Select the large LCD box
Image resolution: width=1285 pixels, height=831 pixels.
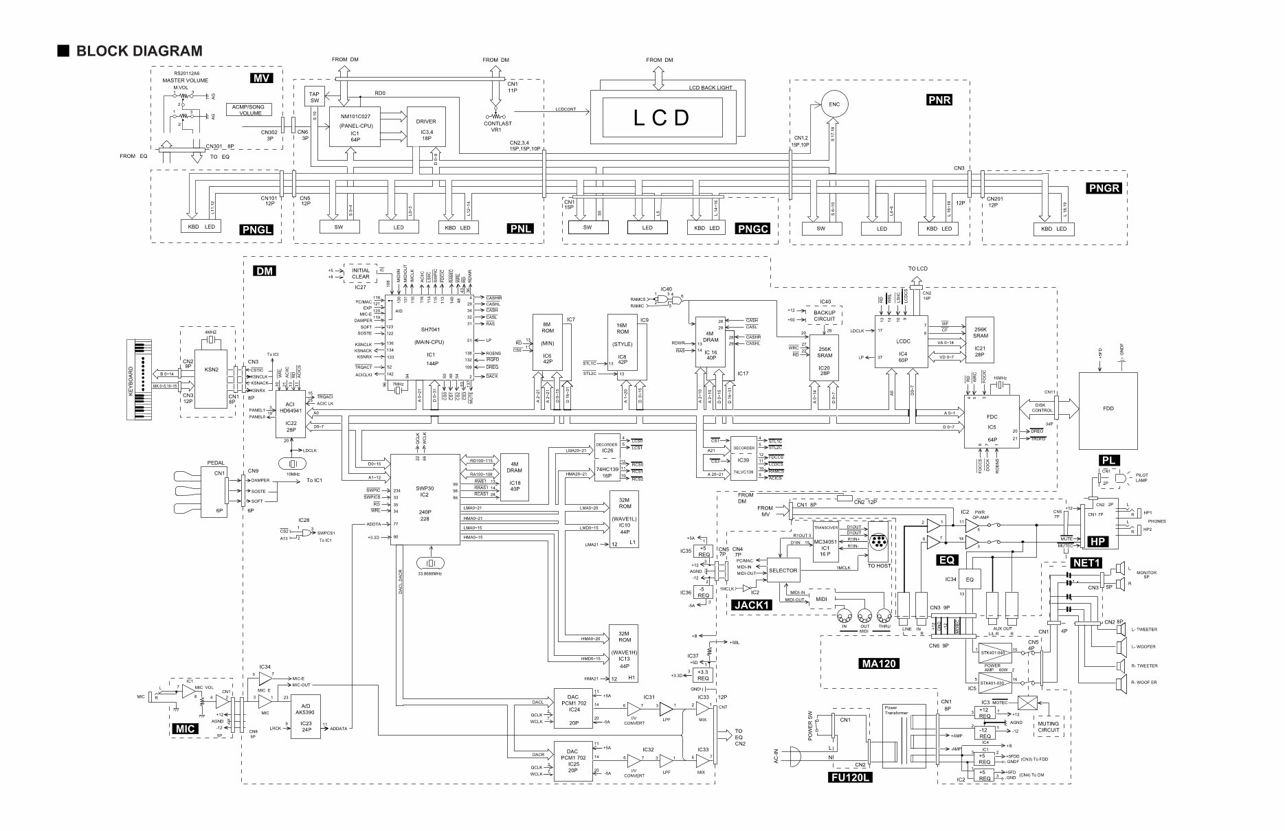[x=661, y=117]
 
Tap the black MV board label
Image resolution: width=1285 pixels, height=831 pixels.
[x=262, y=78]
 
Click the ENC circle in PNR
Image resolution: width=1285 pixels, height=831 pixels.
[x=834, y=104]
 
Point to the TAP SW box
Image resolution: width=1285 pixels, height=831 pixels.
[x=315, y=96]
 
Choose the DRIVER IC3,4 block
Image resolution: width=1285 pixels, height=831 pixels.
[x=426, y=126]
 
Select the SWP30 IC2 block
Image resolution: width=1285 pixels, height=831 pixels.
[x=425, y=499]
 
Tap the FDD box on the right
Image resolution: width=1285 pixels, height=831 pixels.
[x=1108, y=407]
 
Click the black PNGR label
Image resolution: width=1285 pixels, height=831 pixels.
[x=1104, y=187]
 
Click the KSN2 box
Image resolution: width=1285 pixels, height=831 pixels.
[x=211, y=369]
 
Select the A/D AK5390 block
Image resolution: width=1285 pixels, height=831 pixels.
[x=305, y=716]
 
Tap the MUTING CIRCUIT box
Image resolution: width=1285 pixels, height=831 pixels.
[x=1049, y=727]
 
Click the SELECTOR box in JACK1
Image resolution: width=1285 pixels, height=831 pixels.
[x=783, y=571]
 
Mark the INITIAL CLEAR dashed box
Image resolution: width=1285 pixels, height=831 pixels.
[x=360, y=273]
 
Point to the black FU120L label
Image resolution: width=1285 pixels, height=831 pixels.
[x=849, y=778]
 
